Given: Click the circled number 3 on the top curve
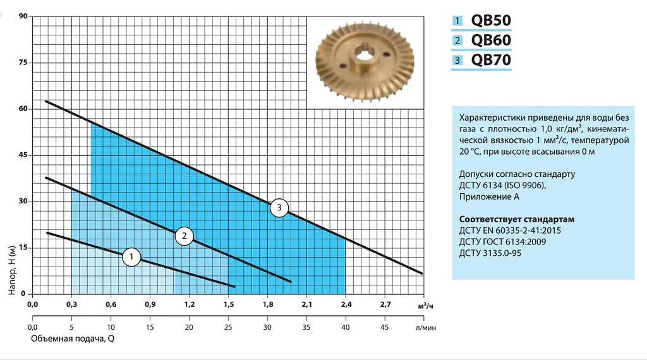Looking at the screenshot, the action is click(279, 208).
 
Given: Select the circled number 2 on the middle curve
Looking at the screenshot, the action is click(184, 236).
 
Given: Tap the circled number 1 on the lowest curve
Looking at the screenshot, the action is click(131, 257).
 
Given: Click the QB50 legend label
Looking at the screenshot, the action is click(491, 20).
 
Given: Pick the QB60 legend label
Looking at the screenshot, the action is click(491, 40).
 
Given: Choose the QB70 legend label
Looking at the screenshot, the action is click(491, 60).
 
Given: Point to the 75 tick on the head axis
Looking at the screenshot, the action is click(23, 63).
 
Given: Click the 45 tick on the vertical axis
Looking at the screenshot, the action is click(23, 155).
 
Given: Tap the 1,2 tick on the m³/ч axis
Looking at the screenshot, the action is click(190, 305).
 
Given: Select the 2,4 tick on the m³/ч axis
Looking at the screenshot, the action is click(346, 305).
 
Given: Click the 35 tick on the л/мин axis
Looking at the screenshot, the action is click(306, 327).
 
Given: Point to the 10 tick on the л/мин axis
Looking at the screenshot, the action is click(111, 327).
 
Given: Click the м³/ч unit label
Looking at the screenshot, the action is click(425, 306).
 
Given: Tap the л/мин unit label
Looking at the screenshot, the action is click(425, 328).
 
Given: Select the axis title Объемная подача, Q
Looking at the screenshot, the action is click(73, 339).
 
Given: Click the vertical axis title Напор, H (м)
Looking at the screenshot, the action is click(12, 270).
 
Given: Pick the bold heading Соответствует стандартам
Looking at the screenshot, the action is click(517, 219).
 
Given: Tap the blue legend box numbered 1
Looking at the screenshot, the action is click(457, 20).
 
